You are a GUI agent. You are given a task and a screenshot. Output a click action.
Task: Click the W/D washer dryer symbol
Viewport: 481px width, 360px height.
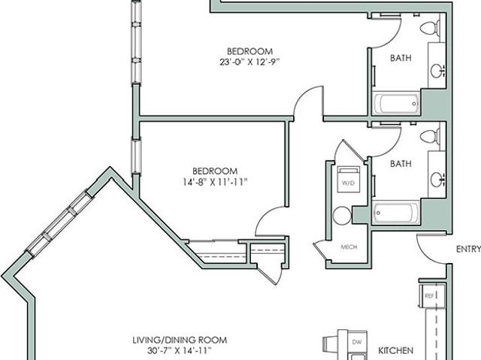click(349, 180)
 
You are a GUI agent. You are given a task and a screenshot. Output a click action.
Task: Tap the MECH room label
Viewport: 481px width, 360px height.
click(349, 247)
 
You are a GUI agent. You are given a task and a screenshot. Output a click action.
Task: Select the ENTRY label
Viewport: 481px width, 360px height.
click(468, 249)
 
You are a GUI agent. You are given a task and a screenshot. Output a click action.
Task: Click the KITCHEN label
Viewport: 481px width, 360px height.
click(395, 350)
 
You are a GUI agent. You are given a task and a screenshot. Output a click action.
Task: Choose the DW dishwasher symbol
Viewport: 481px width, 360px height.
click(356, 342)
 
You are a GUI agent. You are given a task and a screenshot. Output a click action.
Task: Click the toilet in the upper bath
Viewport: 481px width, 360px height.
click(430, 29)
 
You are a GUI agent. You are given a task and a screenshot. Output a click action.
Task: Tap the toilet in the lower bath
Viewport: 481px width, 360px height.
click(430, 136)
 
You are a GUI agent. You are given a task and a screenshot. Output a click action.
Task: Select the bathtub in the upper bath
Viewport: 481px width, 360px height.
click(396, 104)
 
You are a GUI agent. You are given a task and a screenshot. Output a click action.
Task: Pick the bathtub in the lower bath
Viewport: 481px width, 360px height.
click(396, 213)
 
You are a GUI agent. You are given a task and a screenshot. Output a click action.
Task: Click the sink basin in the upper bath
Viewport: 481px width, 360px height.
click(437, 71)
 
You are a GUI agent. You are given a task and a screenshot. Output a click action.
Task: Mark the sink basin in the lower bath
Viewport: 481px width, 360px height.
click(437, 180)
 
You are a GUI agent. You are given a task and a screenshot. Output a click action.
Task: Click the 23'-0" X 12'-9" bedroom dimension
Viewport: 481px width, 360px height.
click(250, 62)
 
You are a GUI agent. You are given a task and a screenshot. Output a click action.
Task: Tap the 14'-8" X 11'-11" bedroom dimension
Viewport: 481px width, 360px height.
click(215, 183)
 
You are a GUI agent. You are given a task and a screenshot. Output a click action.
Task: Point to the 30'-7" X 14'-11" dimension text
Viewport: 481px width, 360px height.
click(180, 350)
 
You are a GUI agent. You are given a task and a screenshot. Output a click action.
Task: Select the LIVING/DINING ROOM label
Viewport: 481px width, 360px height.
click(180, 340)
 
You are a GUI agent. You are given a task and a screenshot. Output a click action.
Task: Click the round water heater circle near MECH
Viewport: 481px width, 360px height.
click(342, 215)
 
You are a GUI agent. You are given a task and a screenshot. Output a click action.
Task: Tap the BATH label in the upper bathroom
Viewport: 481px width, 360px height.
click(401, 58)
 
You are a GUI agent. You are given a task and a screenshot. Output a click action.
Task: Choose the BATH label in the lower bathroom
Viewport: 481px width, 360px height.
click(401, 164)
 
